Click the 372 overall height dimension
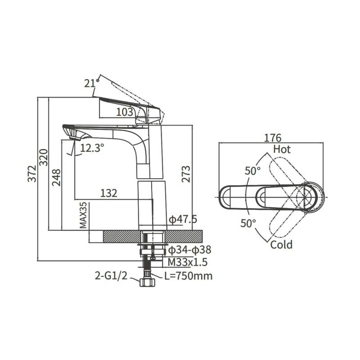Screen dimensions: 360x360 pyautogui.click(x=32, y=174)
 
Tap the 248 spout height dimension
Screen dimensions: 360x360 pyautogui.click(x=56, y=177)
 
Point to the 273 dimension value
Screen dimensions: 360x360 pyautogui.click(x=186, y=174)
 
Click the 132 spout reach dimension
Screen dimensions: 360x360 pyautogui.click(x=109, y=193)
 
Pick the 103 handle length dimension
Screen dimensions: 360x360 pyautogui.click(x=125, y=112)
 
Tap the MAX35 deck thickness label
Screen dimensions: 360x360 pyautogui.click(x=83, y=216)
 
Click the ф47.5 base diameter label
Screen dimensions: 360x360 pyautogui.click(x=183, y=220)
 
